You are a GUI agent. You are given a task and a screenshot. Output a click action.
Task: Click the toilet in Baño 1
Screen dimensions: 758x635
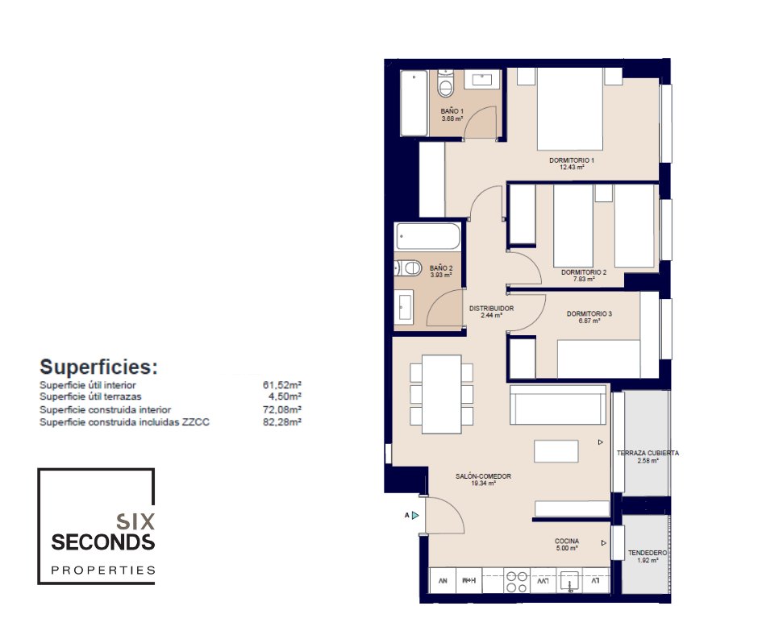445,83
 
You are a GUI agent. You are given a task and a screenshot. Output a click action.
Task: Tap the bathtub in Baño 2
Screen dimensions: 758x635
427,236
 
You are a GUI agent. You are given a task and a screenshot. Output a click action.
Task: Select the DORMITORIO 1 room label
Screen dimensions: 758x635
572,160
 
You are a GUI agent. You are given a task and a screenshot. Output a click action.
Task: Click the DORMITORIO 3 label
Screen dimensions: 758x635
589,314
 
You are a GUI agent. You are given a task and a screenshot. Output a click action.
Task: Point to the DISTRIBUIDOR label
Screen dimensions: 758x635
491,309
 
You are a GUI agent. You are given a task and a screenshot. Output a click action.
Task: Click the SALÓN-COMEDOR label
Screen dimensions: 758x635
483,476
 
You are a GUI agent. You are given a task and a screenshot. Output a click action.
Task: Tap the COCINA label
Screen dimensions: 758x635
567,542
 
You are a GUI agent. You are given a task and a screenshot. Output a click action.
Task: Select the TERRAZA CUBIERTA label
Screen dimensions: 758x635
648,454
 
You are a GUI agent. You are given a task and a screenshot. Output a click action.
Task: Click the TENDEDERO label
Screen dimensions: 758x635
648,553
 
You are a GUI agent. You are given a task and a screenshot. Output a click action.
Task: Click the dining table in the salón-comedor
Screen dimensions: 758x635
441,394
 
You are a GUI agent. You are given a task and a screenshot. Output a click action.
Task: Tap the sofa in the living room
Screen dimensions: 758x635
558,405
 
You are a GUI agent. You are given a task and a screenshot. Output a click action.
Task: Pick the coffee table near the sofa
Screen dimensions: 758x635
556,451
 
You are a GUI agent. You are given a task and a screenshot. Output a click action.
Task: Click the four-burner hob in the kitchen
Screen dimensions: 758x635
516,582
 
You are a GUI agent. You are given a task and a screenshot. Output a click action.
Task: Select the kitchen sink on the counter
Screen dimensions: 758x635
569,581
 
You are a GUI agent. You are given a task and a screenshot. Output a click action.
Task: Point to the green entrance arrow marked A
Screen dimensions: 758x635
415,516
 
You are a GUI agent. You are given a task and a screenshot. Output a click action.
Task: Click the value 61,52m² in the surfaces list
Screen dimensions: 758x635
282,385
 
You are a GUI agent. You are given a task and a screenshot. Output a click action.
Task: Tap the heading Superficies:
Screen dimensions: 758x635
98,367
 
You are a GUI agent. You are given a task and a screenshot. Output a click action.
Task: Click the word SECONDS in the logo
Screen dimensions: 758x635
103,542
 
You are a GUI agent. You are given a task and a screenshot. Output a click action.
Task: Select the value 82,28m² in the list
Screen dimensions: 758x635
282,422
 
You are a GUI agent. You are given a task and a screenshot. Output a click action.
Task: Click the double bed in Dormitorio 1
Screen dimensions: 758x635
570,110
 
